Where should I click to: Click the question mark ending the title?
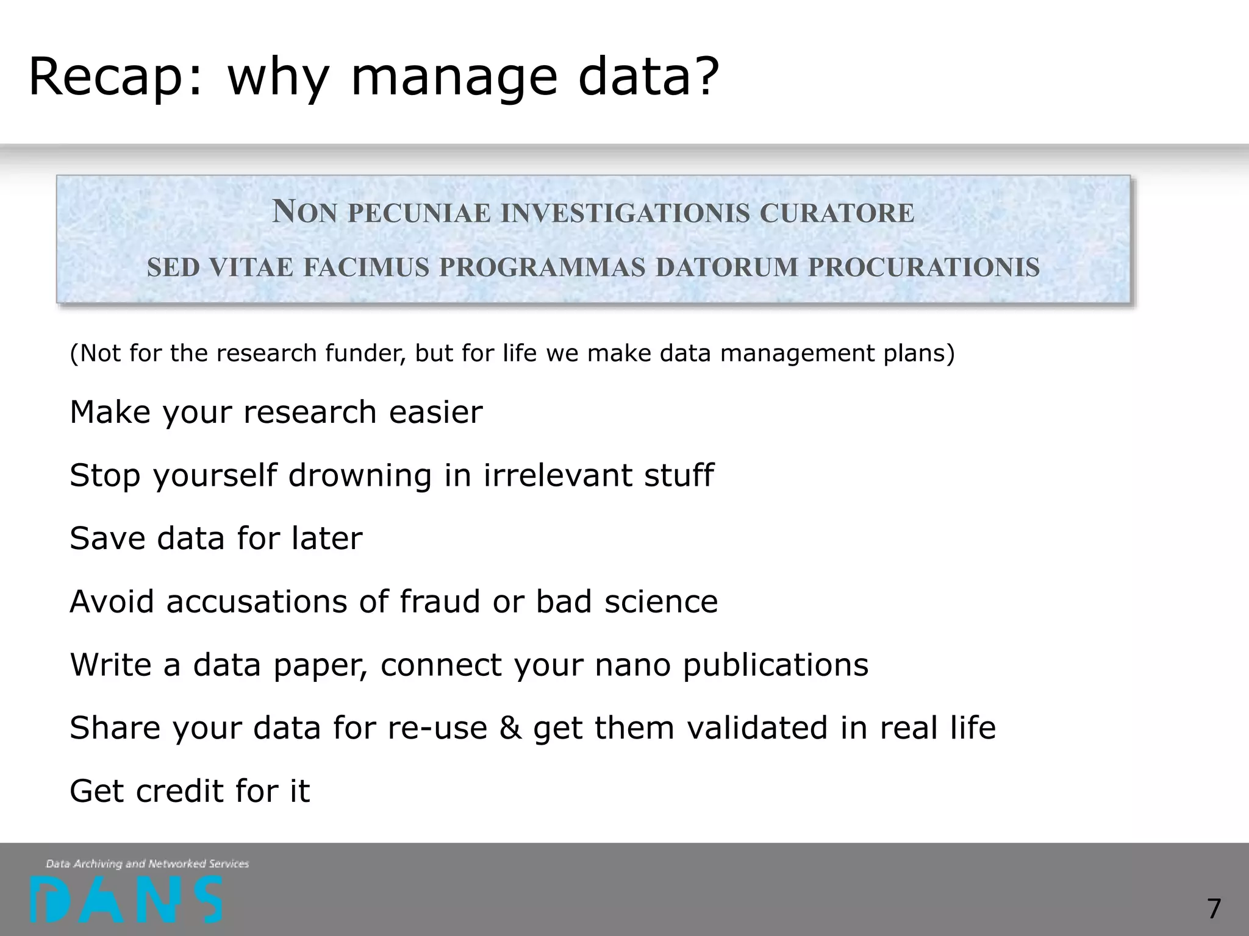point(707,76)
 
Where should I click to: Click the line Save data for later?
point(216,539)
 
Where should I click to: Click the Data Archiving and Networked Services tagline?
point(147,863)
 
